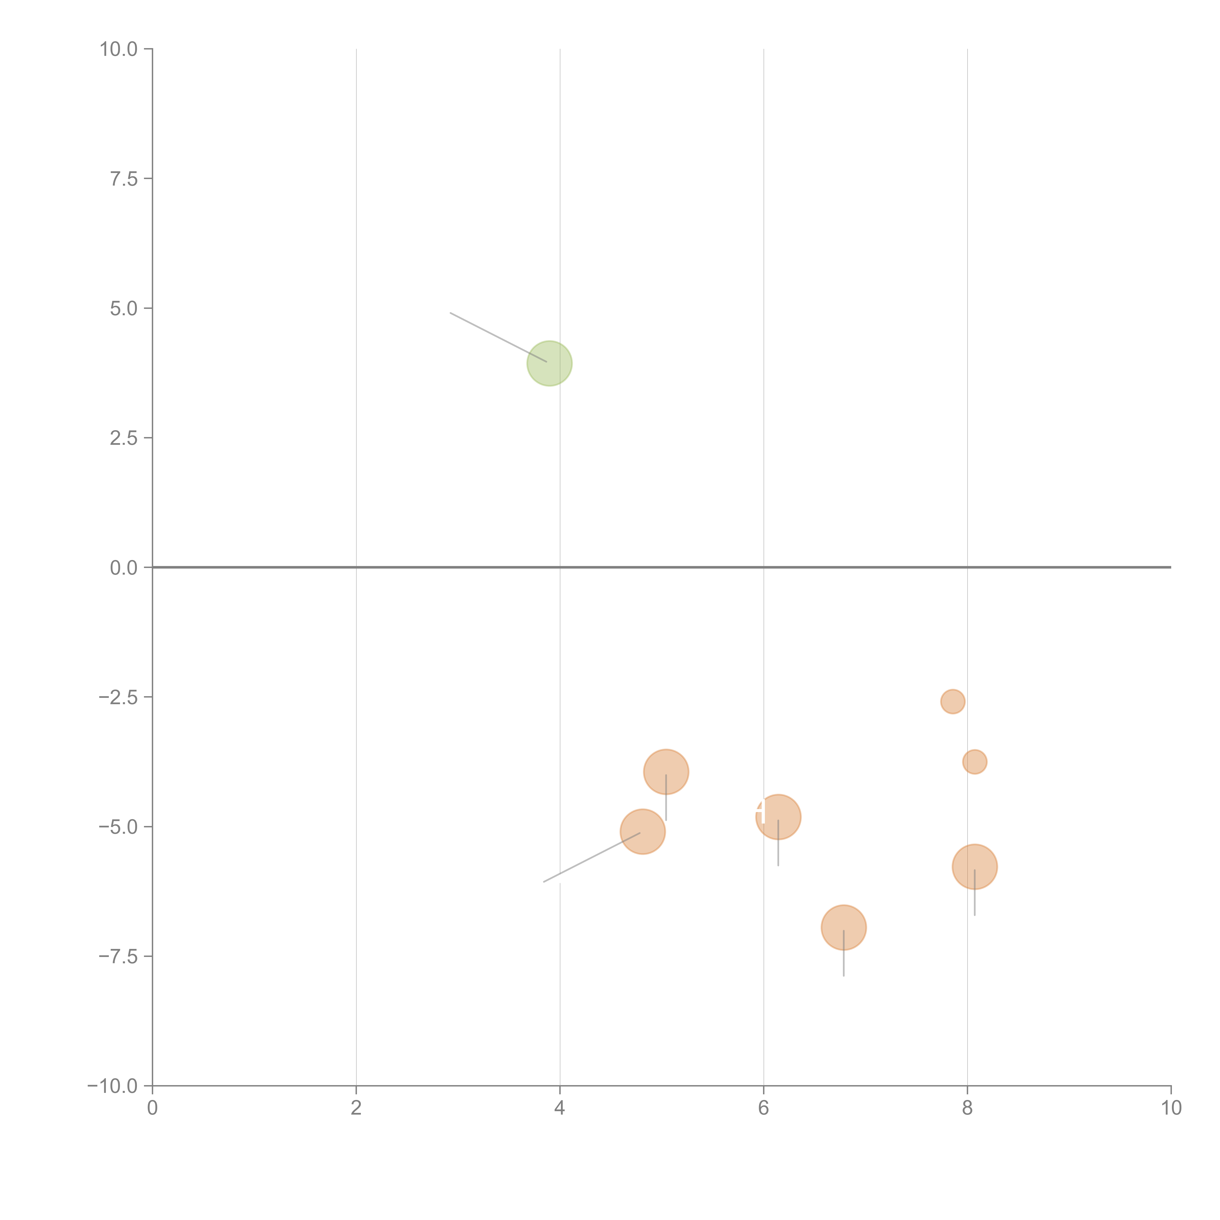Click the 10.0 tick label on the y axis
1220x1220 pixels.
click(x=119, y=49)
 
